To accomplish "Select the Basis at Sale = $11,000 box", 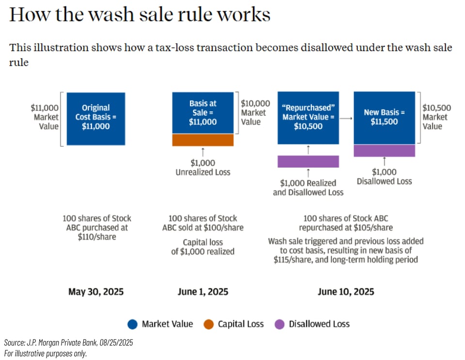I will (x=203, y=113).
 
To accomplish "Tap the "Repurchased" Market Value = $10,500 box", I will (x=309, y=118).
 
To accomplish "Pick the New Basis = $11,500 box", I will (x=384, y=118).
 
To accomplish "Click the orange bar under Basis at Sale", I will (x=203, y=140).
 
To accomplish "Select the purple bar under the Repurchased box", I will (x=309, y=161).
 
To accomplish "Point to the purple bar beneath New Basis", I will (x=384, y=150).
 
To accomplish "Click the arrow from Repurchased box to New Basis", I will (x=346, y=118).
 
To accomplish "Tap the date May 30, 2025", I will (x=96, y=292).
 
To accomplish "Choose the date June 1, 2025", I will (x=202, y=292).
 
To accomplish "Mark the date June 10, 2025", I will (x=346, y=292).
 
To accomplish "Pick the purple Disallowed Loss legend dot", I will (x=279, y=324).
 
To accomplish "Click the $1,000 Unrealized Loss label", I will (x=203, y=168).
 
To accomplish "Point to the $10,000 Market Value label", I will (x=255, y=112).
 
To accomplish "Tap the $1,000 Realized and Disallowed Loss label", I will (x=308, y=188).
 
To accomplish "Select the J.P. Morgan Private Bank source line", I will (x=68, y=343).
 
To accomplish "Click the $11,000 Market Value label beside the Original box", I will (x=45, y=117).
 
